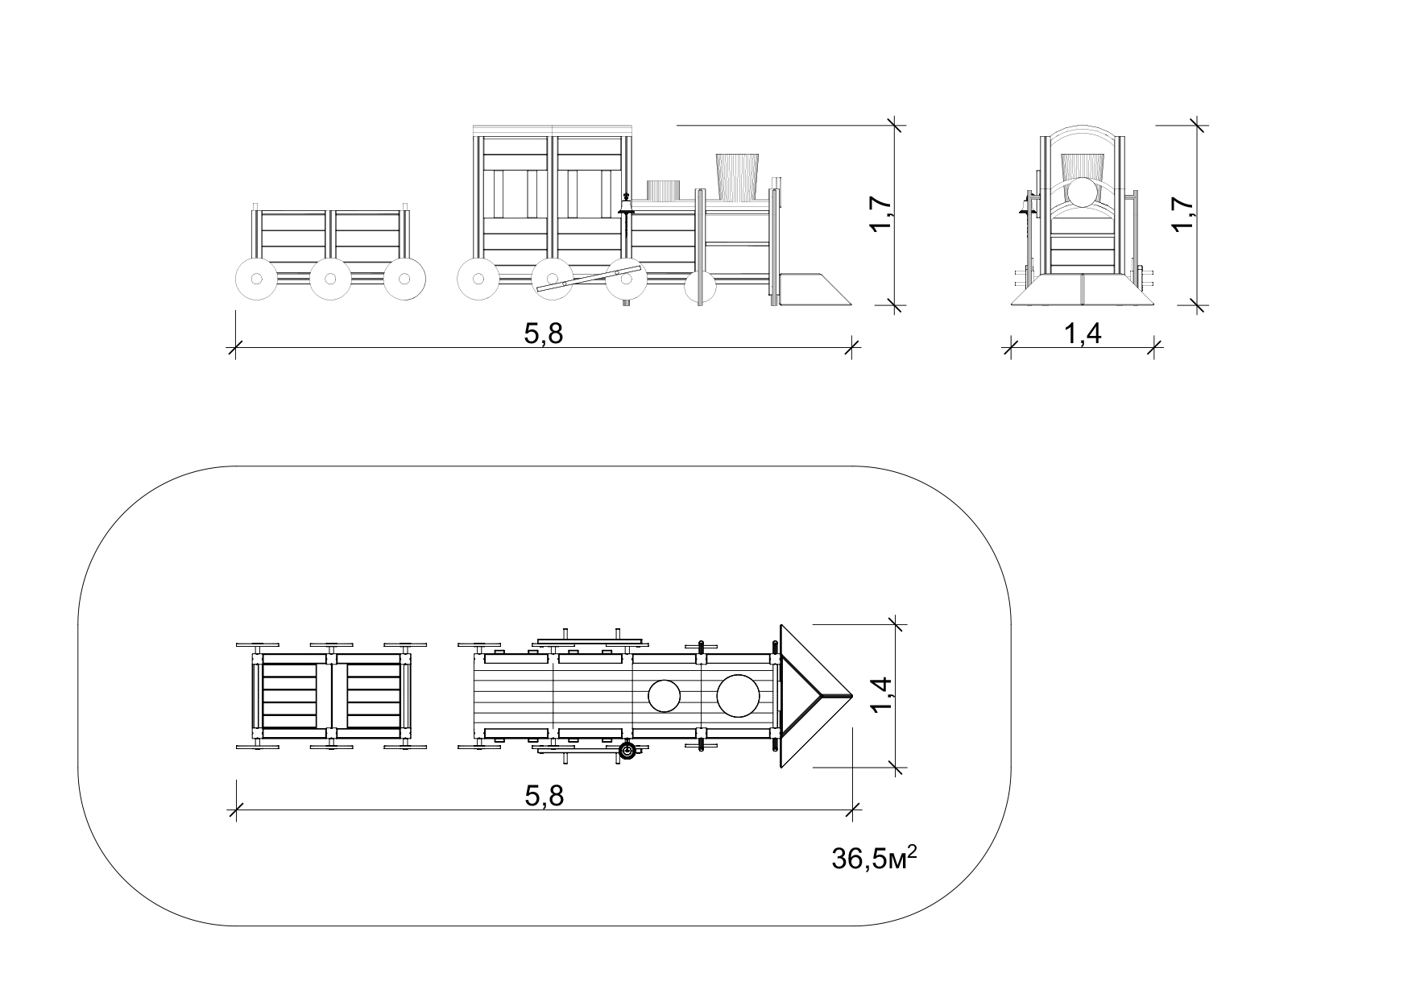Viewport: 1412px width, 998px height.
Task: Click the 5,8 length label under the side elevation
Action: pos(544,333)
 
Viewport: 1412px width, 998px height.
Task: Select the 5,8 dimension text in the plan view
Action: pos(544,796)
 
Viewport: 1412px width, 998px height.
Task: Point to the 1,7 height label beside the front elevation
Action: pos(1183,215)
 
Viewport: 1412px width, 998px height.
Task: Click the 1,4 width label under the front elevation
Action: pos(1083,333)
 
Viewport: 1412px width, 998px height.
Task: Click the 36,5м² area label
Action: pos(875,858)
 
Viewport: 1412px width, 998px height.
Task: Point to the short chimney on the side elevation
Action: pos(665,190)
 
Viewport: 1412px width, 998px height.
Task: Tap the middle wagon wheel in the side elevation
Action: pos(329,280)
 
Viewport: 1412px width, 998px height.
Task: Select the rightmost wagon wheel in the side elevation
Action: pos(404,280)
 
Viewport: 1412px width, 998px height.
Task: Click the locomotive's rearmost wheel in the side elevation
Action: pos(478,280)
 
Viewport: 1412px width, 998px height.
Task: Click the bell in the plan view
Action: pos(627,752)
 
